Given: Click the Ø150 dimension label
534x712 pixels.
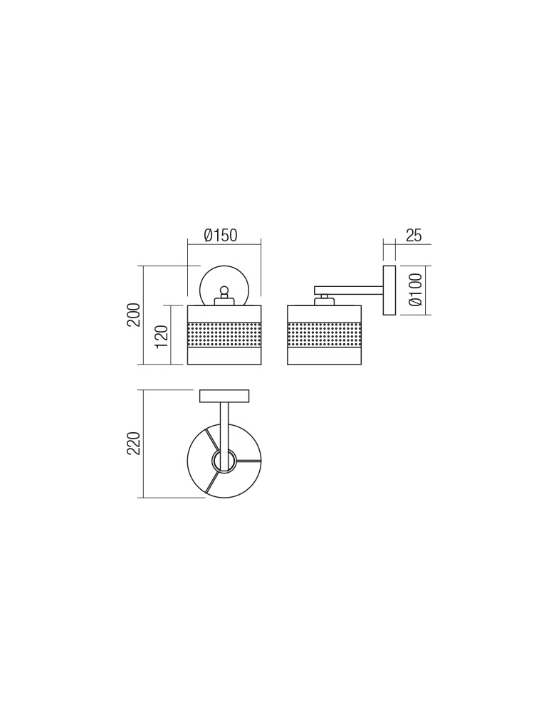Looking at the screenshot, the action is tap(221, 236).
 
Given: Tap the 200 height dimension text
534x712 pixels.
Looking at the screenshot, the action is tap(134, 314).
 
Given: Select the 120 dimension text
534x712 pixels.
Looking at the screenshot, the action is tap(162, 337).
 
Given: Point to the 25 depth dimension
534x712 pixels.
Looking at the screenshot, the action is tap(413, 236).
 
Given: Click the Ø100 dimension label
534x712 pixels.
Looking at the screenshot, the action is tap(416, 289).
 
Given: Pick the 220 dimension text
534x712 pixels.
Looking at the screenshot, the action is tap(134, 444).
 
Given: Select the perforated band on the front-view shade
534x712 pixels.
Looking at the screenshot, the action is tap(224, 335).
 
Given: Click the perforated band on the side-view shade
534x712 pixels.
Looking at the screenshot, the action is tap(324, 335).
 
